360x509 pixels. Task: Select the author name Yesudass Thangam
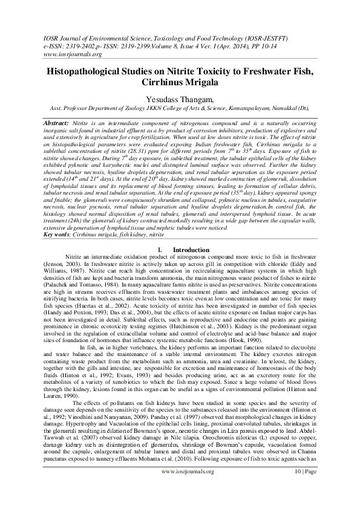(x=180, y=99)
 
